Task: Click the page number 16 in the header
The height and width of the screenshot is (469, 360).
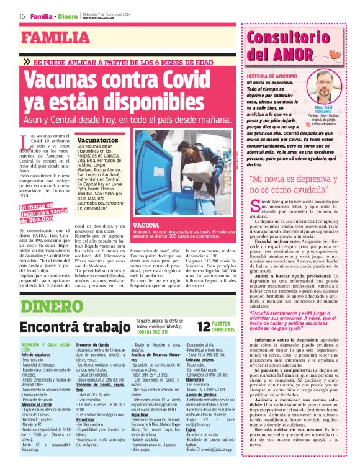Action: pyautogui.click(x=22, y=16)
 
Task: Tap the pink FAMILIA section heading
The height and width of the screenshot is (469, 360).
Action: pyautogui.click(x=56, y=38)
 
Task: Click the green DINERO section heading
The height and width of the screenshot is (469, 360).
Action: pyautogui.click(x=50, y=306)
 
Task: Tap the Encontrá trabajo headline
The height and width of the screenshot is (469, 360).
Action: pyautogui.click(x=73, y=327)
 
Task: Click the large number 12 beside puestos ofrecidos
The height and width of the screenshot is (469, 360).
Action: pyautogui.click(x=205, y=327)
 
